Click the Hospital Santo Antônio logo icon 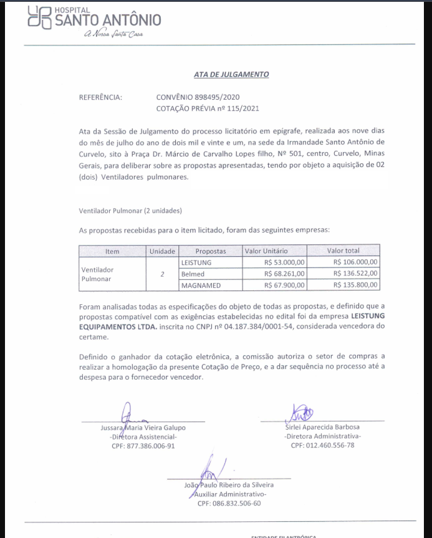pos(41,18)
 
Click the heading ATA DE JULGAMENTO pos(231,74)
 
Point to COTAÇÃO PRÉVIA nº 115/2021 pos(207,108)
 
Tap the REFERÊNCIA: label pos(100,97)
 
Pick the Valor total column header pos(343,251)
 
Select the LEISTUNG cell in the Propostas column pos(196,262)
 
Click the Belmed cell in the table pos(193,274)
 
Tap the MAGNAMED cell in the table pos(201,285)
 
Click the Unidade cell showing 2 pos(162,274)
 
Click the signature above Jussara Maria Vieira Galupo pos(129,415)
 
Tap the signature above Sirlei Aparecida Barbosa pos(301,413)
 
